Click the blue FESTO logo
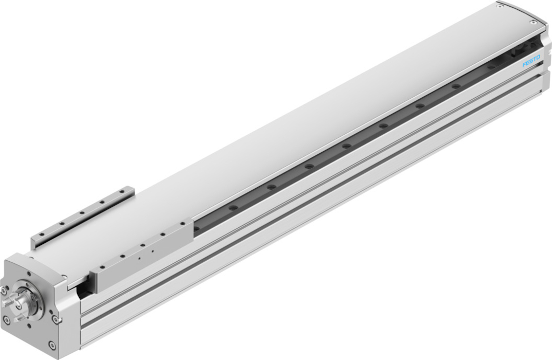pyautogui.click(x=531, y=60)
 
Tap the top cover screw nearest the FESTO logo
pyautogui.click(x=532, y=22)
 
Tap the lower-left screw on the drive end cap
pyautogui.click(x=6, y=320)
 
